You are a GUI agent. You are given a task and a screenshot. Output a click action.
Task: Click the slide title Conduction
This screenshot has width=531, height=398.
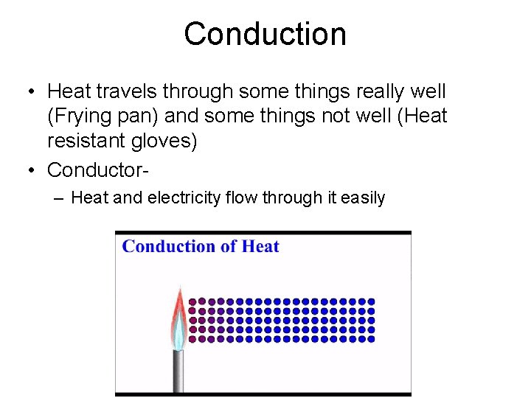pyautogui.click(x=265, y=34)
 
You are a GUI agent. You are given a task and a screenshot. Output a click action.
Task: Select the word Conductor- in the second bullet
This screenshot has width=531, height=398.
pyautogui.click(x=98, y=170)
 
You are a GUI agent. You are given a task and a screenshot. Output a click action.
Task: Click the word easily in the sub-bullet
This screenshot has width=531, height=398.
pyautogui.click(x=361, y=198)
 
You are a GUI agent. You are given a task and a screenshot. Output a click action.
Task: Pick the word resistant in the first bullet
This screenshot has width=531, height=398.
pyautogui.click(x=83, y=142)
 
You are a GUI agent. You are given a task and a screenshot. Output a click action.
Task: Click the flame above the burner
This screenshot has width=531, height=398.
pyautogui.click(x=178, y=317)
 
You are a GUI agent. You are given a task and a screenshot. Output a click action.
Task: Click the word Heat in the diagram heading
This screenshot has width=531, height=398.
pyautogui.click(x=260, y=246)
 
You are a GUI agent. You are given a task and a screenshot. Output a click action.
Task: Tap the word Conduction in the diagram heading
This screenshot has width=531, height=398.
pyautogui.click(x=168, y=246)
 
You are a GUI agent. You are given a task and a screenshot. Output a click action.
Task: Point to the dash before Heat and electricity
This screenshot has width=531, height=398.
pyautogui.click(x=58, y=198)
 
